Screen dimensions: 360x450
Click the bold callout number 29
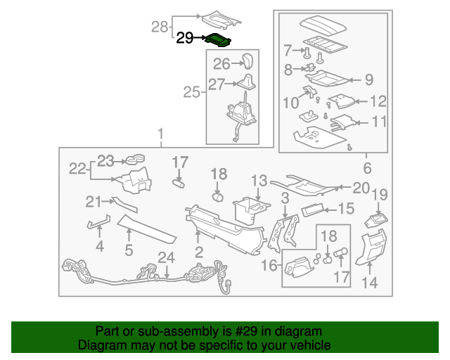185,38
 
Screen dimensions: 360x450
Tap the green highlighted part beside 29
219,39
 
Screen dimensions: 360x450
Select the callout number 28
161,27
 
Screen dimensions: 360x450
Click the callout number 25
192,91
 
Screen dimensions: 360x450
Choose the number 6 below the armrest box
367,168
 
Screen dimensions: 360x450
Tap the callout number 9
288,50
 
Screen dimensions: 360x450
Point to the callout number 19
380,195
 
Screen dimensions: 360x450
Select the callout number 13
259,181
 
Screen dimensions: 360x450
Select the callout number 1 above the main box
160,133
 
